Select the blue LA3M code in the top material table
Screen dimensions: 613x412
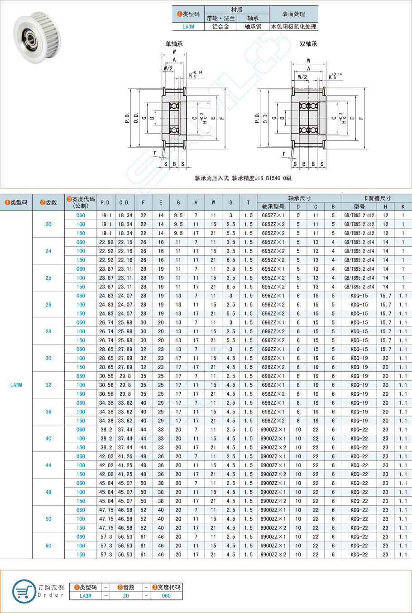[188, 27]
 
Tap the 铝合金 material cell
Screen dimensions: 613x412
[220, 27]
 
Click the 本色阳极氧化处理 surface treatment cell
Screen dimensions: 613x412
[293, 27]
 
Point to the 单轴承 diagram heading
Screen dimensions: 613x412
[174, 44]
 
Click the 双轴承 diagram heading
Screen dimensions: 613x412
[308, 44]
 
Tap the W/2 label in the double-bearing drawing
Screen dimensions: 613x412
[302, 77]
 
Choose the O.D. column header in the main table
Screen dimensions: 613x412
[125, 202]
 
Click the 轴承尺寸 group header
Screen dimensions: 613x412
[299, 198]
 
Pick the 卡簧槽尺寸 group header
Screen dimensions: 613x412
[377, 198]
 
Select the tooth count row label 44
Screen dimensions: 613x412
[48, 465]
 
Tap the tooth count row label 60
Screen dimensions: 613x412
[48, 546]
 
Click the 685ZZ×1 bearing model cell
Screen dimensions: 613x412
[273, 216]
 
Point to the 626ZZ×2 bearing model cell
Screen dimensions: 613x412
[273, 367]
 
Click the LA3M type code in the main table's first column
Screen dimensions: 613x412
[16, 385]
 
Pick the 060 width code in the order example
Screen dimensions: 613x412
[166, 596]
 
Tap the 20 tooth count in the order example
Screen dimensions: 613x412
[126, 596]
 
